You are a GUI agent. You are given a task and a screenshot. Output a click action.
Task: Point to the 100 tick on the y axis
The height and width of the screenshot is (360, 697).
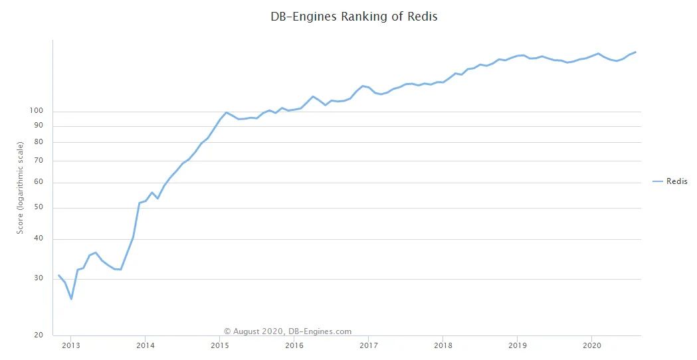[x=37, y=111]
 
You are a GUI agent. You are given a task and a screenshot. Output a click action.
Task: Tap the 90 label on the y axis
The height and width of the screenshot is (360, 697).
[x=39, y=126]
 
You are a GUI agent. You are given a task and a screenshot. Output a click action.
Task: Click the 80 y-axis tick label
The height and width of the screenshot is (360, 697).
[x=39, y=142]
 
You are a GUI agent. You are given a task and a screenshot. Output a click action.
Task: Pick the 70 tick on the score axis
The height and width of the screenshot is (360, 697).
[x=39, y=161]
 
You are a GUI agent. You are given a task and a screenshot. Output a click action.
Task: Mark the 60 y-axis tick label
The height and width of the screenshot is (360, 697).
[x=39, y=182]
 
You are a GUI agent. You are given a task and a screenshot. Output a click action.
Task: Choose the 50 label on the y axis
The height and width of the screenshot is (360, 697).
[x=39, y=208]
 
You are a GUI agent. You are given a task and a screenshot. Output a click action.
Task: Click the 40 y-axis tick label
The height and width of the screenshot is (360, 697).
[x=39, y=239]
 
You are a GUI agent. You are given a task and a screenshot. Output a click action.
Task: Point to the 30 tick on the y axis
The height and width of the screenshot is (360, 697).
[x=39, y=278]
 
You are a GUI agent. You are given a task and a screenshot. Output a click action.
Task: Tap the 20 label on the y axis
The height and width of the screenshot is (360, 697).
[x=39, y=335]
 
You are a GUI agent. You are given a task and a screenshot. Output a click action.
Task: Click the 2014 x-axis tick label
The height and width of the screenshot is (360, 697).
[x=145, y=345]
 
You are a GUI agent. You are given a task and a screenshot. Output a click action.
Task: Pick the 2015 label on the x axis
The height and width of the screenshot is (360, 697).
[x=219, y=345]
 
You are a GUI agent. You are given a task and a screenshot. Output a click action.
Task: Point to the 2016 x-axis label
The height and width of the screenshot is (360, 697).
[x=294, y=345]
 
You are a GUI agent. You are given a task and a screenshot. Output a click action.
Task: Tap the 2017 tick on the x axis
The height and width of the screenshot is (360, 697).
[x=368, y=345]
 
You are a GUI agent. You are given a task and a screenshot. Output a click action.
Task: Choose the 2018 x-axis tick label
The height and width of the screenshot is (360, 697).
[x=443, y=345]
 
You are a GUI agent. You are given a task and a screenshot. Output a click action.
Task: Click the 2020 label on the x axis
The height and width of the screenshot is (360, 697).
[x=591, y=345]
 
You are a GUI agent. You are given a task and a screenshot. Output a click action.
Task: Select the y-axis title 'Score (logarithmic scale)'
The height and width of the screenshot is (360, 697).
[x=21, y=187]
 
